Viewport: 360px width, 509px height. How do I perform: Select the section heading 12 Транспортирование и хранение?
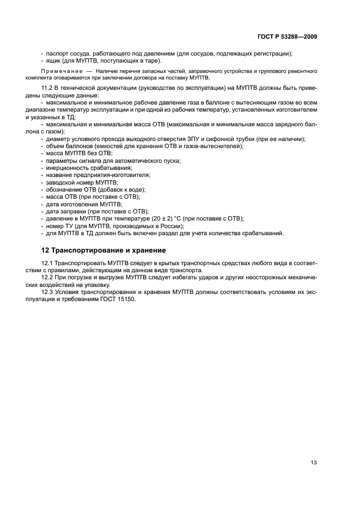[103, 250]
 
